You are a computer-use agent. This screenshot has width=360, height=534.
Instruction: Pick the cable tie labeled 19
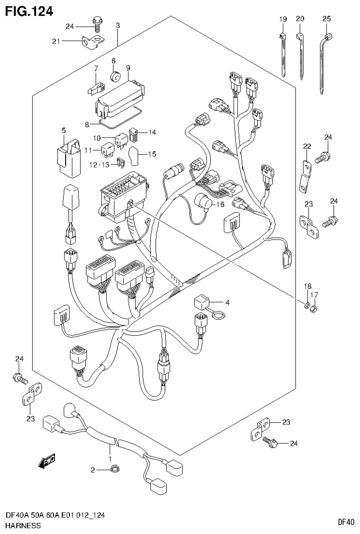point(283,54)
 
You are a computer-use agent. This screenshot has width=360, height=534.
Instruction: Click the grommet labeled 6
point(114,76)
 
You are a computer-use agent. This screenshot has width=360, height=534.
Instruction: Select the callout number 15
point(152,154)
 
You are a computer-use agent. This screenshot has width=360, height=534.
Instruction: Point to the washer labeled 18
point(307,307)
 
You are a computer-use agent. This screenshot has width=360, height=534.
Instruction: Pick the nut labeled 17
point(315,309)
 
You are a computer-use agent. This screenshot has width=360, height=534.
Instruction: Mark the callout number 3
point(118,25)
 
